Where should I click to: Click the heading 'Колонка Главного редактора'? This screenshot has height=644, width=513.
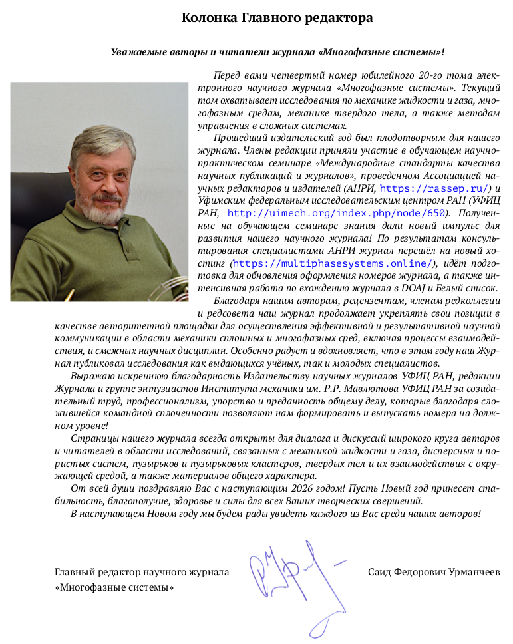277,18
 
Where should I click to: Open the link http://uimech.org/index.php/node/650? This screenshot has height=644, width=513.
335,213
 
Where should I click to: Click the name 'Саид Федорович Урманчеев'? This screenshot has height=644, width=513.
433,572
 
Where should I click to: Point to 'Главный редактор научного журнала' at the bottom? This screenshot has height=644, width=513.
141,572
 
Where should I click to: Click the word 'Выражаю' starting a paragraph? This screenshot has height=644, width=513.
90,376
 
